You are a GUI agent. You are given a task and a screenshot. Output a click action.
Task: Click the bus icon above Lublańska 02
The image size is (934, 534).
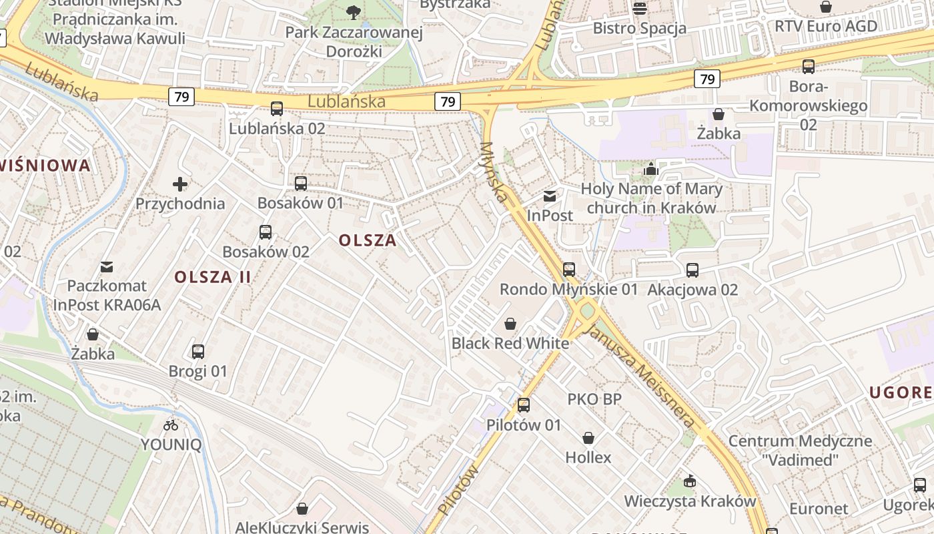(x=276, y=109)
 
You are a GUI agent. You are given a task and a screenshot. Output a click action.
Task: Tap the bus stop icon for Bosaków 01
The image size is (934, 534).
(x=301, y=184)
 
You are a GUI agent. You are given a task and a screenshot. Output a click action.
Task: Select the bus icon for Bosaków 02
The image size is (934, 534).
(x=266, y=232)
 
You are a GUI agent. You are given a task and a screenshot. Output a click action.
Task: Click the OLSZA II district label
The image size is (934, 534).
(x=213, y=276)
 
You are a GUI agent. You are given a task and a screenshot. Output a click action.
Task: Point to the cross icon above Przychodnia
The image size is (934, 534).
(x=180, y=184)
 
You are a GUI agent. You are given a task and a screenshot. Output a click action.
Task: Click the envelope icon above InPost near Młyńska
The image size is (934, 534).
(x=550, y=196)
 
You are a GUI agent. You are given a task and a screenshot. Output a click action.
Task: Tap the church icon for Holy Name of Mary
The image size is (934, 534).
(x=651, y=169)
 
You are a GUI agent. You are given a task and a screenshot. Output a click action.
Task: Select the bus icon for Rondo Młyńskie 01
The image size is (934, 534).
(x=568, y=270)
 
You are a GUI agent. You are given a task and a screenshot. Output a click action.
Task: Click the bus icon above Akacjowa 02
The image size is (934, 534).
(x=692, y=270)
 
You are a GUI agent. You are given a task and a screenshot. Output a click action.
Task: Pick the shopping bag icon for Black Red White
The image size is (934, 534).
(x=510, y=324)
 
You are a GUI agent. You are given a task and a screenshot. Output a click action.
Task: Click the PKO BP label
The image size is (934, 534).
(x=594, y=399)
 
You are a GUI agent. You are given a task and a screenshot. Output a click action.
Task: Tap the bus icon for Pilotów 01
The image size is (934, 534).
(x=524, y=405)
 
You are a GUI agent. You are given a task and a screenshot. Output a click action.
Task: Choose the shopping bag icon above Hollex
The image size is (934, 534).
(x=588, y=438)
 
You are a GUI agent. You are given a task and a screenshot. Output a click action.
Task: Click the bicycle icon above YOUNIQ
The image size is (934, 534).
(x=171, y=425)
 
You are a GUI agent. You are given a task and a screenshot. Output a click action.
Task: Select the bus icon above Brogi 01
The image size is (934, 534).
(x=198, y=352)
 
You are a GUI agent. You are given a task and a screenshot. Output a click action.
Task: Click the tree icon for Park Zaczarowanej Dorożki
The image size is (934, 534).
(x=354, y=11)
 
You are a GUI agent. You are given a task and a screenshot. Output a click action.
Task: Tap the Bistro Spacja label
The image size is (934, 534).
(x=639, y=28)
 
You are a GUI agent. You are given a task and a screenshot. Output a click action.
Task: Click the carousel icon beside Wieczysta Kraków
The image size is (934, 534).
(x=690, y=481)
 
